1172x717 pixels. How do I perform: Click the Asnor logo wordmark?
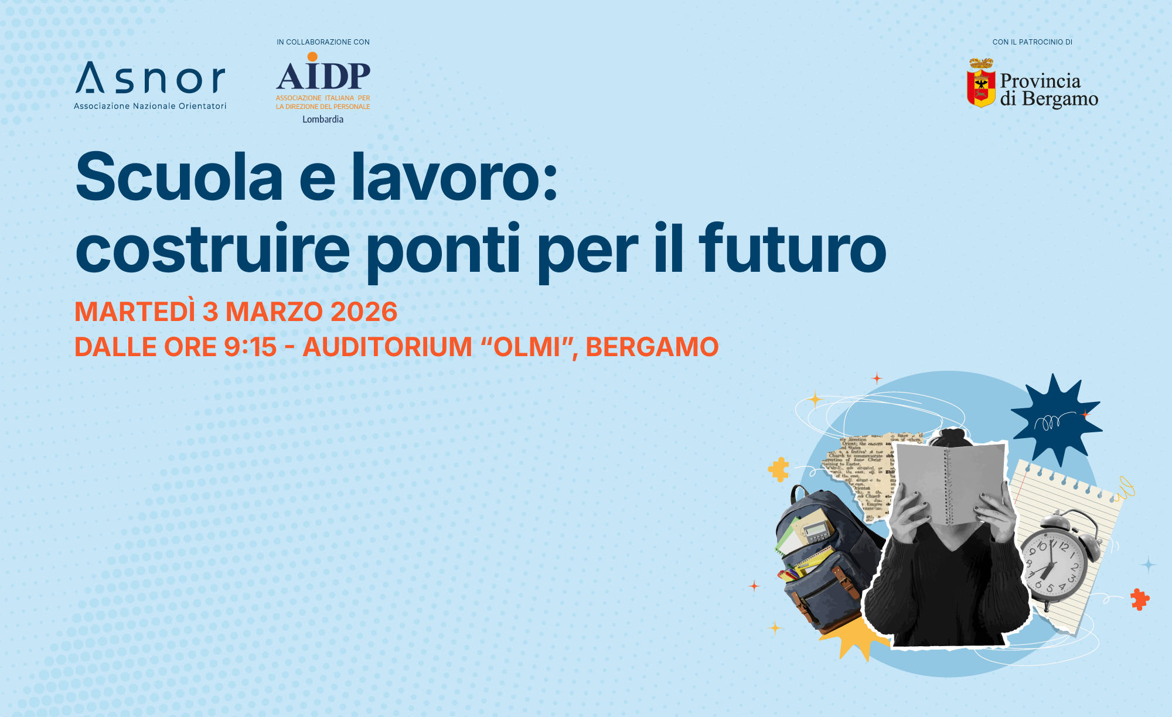pos(151,78)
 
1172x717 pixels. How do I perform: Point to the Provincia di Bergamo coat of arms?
pos(981,83)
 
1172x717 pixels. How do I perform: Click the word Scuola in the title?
pos(179,177)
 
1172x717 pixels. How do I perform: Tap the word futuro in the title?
pos(792,248)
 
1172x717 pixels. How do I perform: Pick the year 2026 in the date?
pos(364,312)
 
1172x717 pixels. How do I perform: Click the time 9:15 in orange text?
pos(250,347)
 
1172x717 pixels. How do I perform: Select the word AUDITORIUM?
pos(387,347)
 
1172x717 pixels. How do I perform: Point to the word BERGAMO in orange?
pos(652,347)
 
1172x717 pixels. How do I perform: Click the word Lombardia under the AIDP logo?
pos(323,119)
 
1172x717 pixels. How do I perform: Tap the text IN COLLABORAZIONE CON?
pos(323,42)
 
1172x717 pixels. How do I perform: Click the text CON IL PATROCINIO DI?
pos(1033,42)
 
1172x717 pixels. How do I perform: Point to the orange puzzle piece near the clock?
pos(1140,599)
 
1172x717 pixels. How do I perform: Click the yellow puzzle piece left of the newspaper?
pos(779,469)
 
